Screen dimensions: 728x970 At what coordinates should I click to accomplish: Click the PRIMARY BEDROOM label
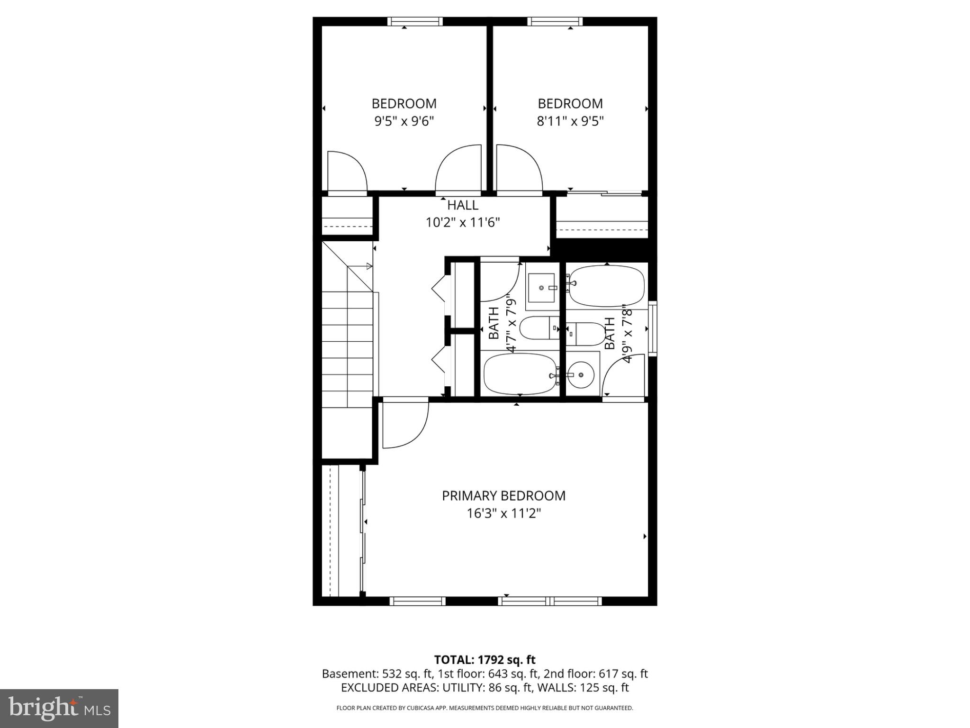click(503, 496)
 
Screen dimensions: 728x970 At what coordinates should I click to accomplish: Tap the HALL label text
click(463, 206)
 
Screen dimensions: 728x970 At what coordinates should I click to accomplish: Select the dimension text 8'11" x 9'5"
click(570, 121)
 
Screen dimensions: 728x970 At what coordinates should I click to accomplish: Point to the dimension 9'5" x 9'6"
click(404, 121)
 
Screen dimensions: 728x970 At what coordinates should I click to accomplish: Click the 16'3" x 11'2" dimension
click(503, 513)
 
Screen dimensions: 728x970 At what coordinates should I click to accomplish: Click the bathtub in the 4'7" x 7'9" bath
click(520, 374)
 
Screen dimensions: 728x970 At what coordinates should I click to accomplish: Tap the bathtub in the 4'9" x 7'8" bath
click(607, 286)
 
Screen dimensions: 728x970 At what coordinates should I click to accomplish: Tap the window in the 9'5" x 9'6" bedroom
click(415, 21)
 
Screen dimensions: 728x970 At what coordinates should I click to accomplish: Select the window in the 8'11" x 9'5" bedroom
click(555, 21)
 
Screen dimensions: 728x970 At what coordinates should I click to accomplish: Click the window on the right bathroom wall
click(653, 328)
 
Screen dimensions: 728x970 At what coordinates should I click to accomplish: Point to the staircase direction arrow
click(368, 266)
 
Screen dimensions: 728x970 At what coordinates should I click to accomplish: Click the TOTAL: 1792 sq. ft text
click(485, 660)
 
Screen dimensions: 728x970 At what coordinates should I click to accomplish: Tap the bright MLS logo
click(59, 708)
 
